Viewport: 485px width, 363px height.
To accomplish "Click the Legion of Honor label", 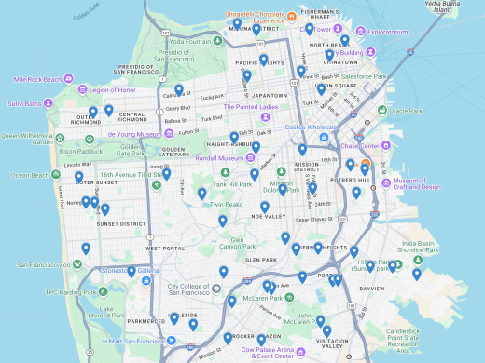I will [x=113, y=90].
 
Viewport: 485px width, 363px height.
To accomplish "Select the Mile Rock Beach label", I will [x=37, y=79].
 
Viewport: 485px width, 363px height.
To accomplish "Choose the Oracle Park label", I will [x=407, y=111].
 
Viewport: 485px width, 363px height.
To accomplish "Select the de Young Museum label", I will [x=135, y=134].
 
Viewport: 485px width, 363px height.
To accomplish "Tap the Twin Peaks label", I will [x=226, y=204].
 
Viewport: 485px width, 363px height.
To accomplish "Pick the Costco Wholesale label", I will [x=311, y=127].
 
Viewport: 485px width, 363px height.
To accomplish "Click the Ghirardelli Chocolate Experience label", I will [x=270, y=16].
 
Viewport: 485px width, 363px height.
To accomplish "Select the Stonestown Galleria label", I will [x=131, y=271].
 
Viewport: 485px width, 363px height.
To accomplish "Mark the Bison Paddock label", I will [x=79, y=150].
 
